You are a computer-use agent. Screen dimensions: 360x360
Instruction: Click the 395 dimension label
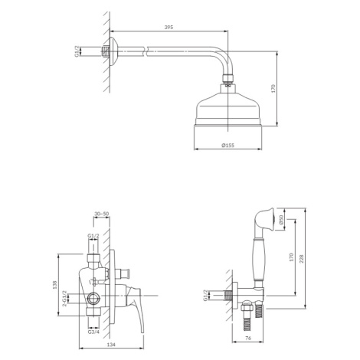(x=169, y=27)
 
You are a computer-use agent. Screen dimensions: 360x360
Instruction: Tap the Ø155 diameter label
(x=228, y=146)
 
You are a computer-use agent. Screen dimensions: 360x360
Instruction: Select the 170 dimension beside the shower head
(x=273, y=88)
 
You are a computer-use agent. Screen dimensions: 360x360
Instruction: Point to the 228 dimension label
(x=302, y=258)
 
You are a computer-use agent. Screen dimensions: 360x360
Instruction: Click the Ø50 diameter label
(x=281, y=220)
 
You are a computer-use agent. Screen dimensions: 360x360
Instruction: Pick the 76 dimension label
(x=248, y=338)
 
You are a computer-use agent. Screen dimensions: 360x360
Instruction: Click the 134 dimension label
(x=111, y=345)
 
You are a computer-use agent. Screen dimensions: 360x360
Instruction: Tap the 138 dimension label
(x=54, y=285)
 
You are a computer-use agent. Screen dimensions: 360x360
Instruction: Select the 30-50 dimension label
(x=101, y=214)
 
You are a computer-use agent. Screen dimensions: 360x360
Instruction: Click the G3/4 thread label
(x=93, y=332)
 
